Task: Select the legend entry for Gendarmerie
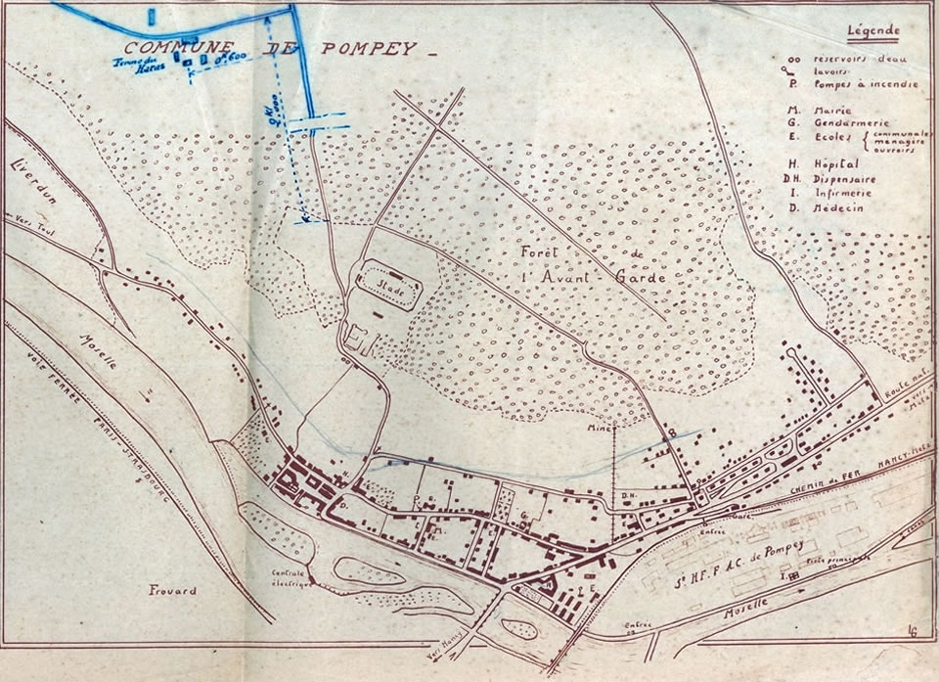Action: click(827, 123)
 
